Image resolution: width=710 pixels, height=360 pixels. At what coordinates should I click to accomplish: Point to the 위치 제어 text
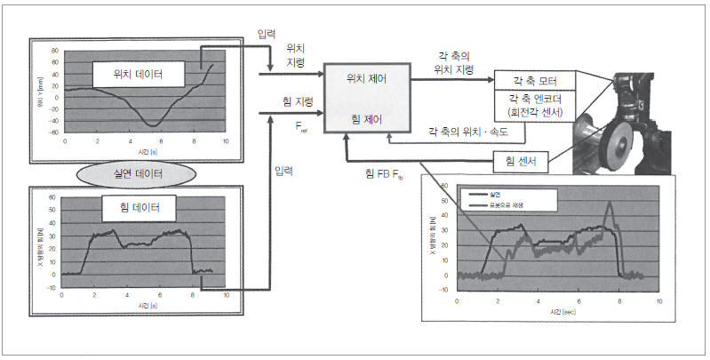[366, 79]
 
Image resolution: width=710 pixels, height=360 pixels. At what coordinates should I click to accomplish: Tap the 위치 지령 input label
[296, 57]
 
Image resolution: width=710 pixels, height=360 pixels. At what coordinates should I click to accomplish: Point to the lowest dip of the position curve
[154, 124]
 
